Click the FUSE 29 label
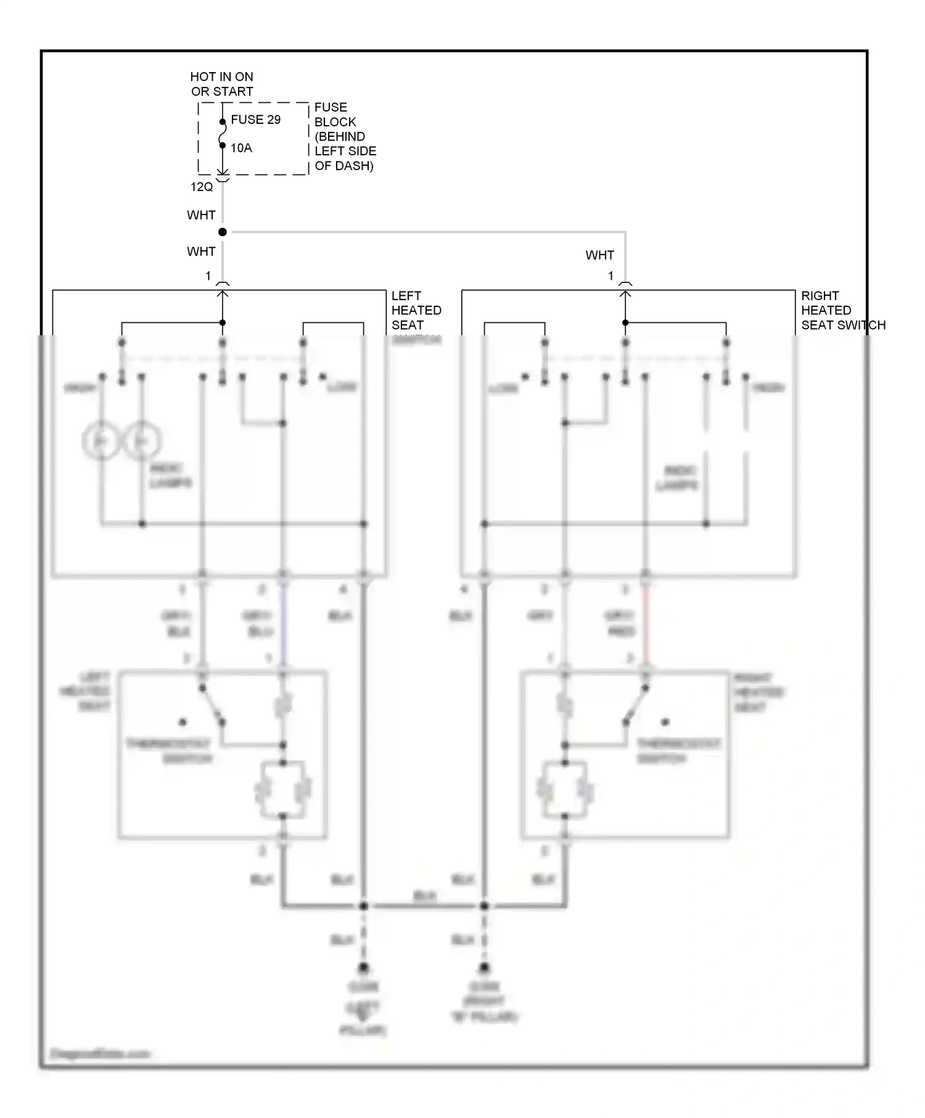pos(255,120)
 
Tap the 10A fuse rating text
pos(241,148)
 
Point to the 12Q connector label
pos(202,187)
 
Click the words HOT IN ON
pos(221,77)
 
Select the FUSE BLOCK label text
pos(335,115)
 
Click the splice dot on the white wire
pos(223,232)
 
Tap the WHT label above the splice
pos(201,215)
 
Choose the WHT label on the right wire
pos(599,255)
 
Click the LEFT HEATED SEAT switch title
pos(416,310)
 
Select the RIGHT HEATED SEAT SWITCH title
pos(842,310)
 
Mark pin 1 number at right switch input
pos(611,276)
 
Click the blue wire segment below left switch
pos(284,622)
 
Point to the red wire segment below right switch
pos(646,622)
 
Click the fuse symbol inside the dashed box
pos(223,134)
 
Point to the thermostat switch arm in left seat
pos(212,704)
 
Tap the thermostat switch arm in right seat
pos(636,704)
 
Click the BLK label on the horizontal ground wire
pos(424,896)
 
